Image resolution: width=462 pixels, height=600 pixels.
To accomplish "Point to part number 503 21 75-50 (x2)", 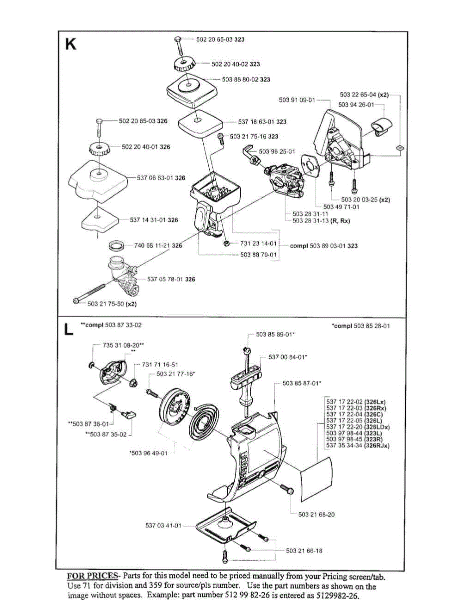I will (x=112, y=303).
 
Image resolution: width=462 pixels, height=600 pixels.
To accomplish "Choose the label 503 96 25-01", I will (x=277, y=151).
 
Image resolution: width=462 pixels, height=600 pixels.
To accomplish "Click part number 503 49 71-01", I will (x=342, y=206).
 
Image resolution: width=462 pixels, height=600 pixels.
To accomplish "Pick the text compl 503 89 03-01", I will (x=324, y=246).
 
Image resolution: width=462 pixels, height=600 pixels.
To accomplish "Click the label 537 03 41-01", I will (x=163, y=525).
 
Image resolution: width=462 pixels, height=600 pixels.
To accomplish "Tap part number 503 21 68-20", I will (x=316, y=514).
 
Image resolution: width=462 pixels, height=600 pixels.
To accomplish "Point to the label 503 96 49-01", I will (x=148, y=453).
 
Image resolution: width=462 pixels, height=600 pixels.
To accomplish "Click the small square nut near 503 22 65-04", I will (x=399, y=147).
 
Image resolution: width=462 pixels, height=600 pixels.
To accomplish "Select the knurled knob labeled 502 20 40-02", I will (x=184, y=64).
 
